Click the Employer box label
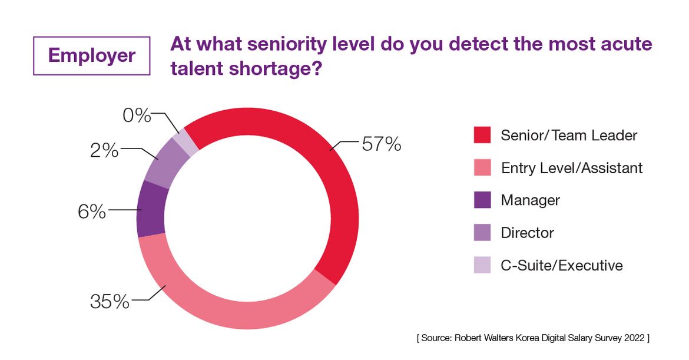click(x=92, y=55)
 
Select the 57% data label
click(x=381, y=143)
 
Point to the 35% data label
click(x=110, y=302)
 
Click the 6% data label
click(x=92, y=211)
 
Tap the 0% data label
click(x=137, y=115)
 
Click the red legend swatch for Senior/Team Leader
click(x=482, y=135)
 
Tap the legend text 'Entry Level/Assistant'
click(x=571, y=168)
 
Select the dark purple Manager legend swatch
click(x=482, y=200)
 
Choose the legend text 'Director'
click(x=527, y=233)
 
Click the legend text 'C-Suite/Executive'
click(x=561, y=265)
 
